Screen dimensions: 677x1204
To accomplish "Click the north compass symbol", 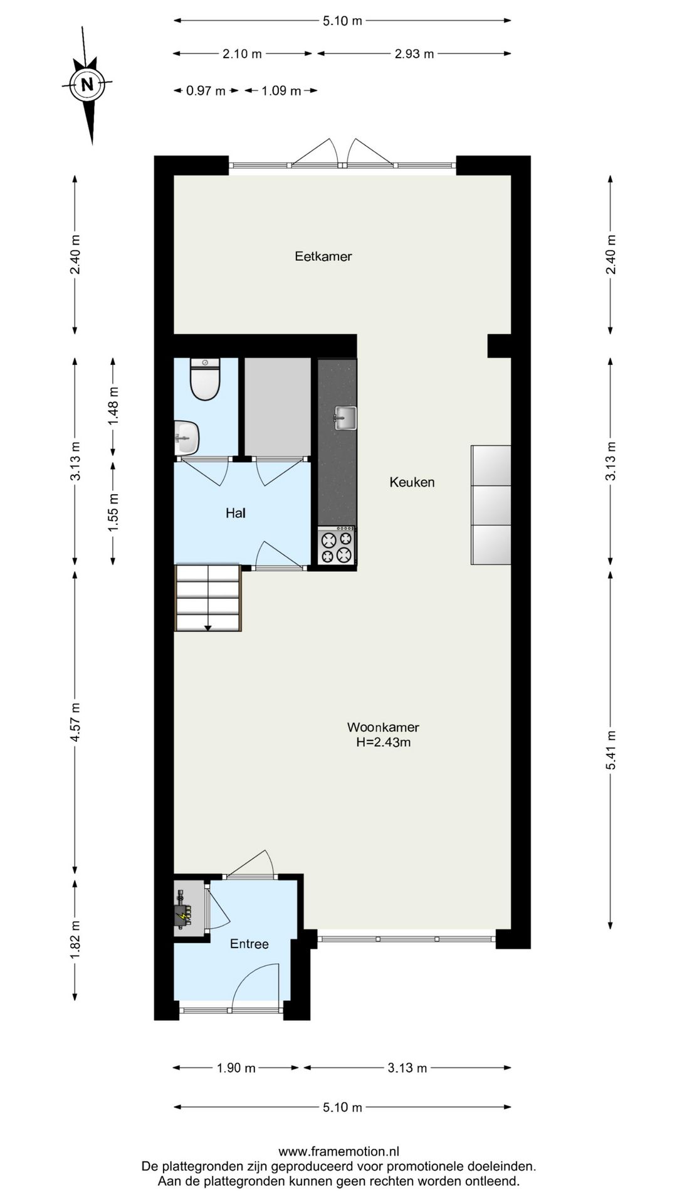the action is [x=88, y=84].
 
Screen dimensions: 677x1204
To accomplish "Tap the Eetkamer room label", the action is [x=323, y=256].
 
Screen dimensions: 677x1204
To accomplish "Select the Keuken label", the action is [x=412, y=482].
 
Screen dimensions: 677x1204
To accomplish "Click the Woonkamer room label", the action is [x=383, y=727].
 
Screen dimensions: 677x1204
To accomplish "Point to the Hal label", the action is [x=236, y=513].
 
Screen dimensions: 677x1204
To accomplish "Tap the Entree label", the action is [x=249, y=944].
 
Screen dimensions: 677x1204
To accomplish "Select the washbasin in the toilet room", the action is [x=186, y=437].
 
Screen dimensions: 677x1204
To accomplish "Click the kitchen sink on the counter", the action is [x=345, y=418].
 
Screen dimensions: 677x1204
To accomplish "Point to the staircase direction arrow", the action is [x=208, y=628].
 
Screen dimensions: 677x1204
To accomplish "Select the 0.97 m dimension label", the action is [x=206, y=91].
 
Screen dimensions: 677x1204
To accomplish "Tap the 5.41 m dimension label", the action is [x=611, y=751].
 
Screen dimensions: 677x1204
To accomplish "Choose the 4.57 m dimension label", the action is [x=75, y=722].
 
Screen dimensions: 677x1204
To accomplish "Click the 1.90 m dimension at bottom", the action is [x=236, y=1068].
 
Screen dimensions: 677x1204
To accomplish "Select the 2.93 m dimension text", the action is [x=414, y=54].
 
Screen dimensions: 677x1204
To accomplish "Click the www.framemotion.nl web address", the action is [x=338, y=1151].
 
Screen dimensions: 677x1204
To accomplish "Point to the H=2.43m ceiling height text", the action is [x=383, y=742].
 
